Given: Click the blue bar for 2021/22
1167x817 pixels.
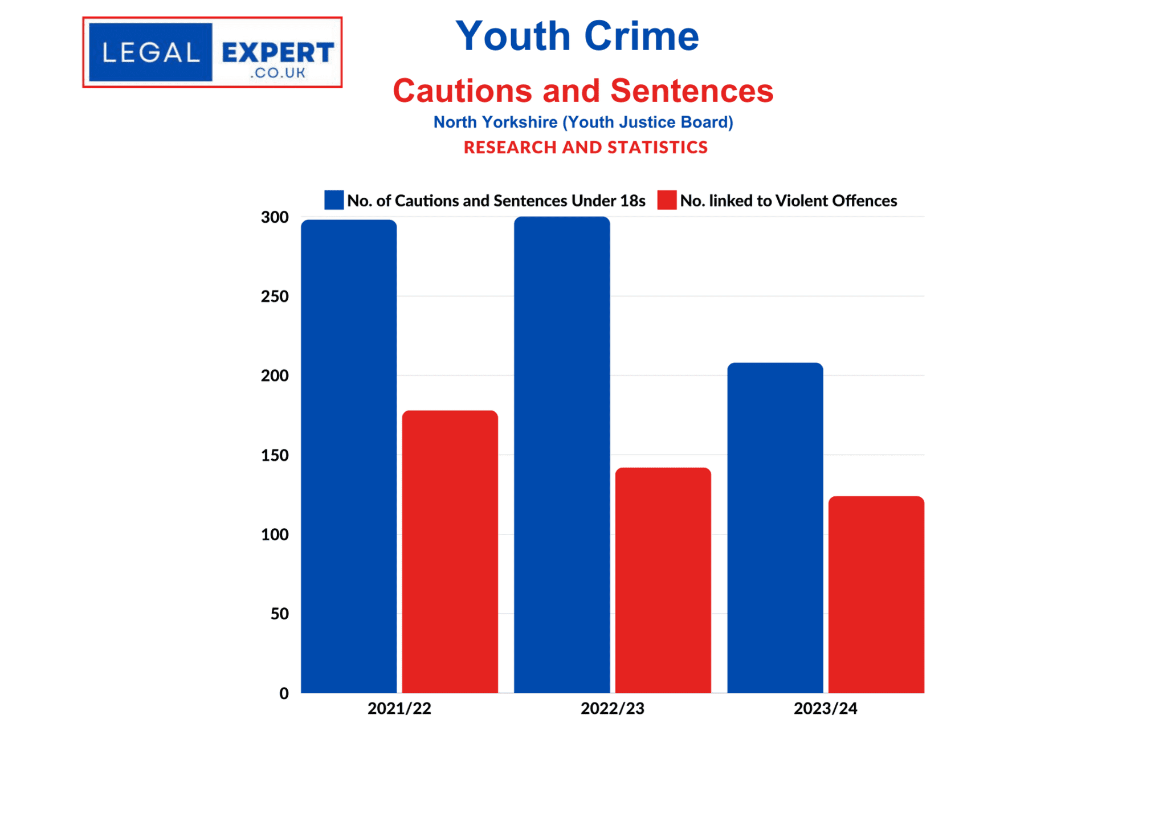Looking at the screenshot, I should (x=349, y=456).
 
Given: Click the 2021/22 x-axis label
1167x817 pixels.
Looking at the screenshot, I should (x=399, y=708).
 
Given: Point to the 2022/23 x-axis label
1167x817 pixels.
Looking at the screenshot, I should (x=612, y=708).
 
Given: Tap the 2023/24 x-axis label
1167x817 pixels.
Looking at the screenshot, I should (x=825, y=708).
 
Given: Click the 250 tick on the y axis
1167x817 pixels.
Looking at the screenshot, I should (x=275, y=296).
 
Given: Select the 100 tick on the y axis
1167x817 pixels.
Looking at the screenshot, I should (x=275, y=534).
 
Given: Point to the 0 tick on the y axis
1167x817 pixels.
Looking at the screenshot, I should (x=284, y=693).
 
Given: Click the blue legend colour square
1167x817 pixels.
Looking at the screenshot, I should (x=334, y=200).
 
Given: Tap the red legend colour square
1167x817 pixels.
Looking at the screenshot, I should (x=667, y=200).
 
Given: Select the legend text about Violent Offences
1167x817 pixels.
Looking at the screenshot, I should (x=788, y=201).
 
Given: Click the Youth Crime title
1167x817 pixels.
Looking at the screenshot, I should (x=577, y=36).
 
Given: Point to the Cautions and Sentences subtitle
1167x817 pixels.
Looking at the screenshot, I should (x=583, y=91).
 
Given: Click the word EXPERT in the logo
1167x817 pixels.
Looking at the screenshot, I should (x=278, y=53).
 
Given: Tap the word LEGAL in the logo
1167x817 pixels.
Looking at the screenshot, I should (x=151, y=53).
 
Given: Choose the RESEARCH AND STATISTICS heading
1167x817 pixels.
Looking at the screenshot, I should (x=585, y=148).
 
